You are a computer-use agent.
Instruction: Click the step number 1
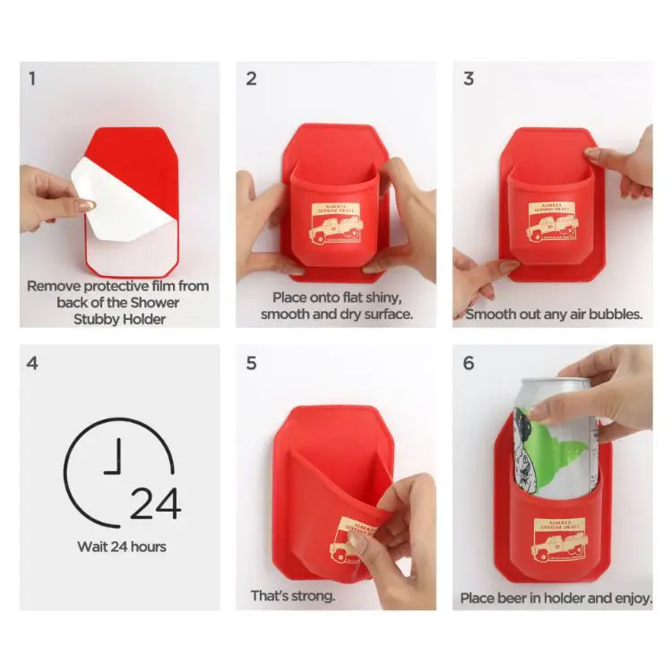[32, 78]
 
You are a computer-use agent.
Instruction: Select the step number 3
[469, 78]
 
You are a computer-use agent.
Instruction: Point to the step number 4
[33, 364]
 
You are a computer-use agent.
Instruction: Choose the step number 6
[469, 364]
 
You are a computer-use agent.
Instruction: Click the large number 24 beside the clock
[155, 504]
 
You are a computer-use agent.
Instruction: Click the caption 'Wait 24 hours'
[120, 546]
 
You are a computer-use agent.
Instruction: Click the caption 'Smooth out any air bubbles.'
[554, 314]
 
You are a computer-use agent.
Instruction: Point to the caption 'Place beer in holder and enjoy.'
[556, 598]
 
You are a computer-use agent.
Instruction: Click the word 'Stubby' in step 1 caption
[99, 319]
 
